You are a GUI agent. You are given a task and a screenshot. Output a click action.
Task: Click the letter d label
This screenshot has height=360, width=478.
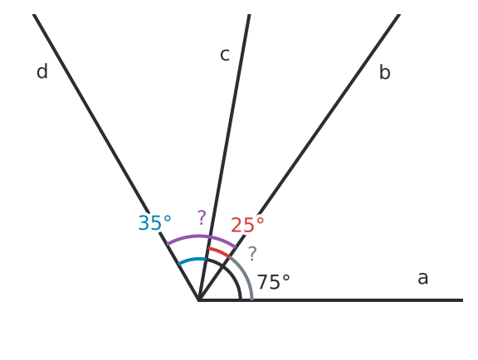[42, 72]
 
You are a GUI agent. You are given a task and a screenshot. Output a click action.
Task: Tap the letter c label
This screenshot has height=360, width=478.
[225, 55]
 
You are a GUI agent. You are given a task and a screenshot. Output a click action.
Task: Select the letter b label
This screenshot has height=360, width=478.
[385, 72]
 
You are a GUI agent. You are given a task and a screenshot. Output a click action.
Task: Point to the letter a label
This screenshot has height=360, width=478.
[423, 279]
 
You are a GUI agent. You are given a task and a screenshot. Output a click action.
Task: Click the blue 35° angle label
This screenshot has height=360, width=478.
[154, 222]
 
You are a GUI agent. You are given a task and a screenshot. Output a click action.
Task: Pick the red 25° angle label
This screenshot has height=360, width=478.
[247, 226]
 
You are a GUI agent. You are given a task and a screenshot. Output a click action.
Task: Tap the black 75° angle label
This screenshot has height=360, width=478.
[274, 282]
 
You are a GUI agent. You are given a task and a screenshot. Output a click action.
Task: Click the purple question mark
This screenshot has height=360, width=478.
[202, 217]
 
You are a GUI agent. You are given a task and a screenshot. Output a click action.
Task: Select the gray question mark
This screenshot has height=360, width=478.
[252, 254]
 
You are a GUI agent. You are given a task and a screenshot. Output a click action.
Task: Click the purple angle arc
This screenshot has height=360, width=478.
[200, 236]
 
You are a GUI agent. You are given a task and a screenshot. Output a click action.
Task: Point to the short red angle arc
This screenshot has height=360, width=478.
[219, 252]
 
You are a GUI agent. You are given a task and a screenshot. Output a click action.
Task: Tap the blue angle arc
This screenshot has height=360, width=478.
[192, 260]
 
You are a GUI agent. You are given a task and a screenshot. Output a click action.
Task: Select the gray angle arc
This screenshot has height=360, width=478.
[245, 273]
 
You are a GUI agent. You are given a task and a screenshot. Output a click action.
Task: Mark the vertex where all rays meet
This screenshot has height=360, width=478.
[199, 300]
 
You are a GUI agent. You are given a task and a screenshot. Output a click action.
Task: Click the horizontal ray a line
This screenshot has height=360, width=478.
[331, 300]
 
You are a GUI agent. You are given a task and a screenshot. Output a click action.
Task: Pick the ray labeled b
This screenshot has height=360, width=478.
[299, 158]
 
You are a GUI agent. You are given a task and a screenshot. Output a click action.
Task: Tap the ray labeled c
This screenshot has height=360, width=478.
[224, 158]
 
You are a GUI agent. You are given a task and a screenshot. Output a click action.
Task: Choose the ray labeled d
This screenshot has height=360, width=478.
[116, 158]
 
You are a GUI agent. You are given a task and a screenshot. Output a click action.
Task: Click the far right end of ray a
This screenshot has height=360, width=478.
[463, 300]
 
